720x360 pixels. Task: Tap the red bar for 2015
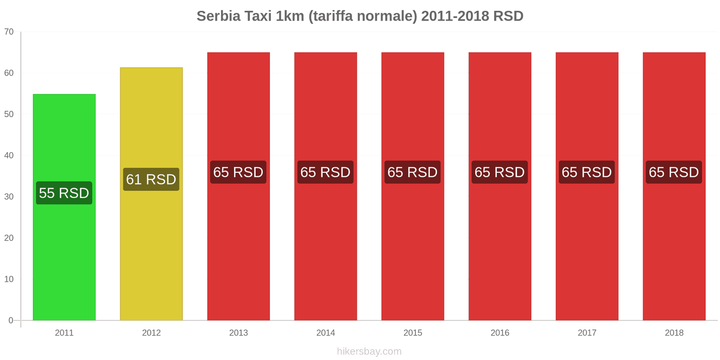pyautogui.click(x=413, y=247)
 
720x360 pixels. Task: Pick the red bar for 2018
pyautogui.click(x=674, y=247)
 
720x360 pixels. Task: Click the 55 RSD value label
pyautogui.click(x=64, y=193)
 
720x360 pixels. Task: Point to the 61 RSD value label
pyautogui.click(x=151, y=179)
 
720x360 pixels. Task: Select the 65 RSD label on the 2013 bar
pyautogui.click(x=238, y=172)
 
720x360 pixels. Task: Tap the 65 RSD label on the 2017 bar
pyautogui.click(x=586, y=172)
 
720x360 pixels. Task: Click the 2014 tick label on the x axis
pyautogui.click(x=325, y=333)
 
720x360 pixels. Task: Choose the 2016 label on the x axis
pyautogui.click(x=499, y=333)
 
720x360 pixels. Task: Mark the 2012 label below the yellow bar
pyautogui.click(x=151, y=333)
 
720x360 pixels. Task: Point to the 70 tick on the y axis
pyautogui.click(x=9, y=31)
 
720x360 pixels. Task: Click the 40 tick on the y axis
pyautogui.click(x=9, y=155)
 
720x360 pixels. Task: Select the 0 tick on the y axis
pyautogui.click(x=11, y=320)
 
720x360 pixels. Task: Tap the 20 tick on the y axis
pyautogui.click(x=9, y=238)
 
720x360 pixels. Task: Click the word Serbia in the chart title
pyautogui.click(x=218, y=16)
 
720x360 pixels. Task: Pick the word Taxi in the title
pyautogui.click(x=258, y=16)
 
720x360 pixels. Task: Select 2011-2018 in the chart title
pyautogui.click(x=455, y=16)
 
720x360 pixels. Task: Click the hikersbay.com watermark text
pyautogui.click(x=369, y=351)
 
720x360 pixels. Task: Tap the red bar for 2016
pyautogui.click(x=499, y=247)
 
